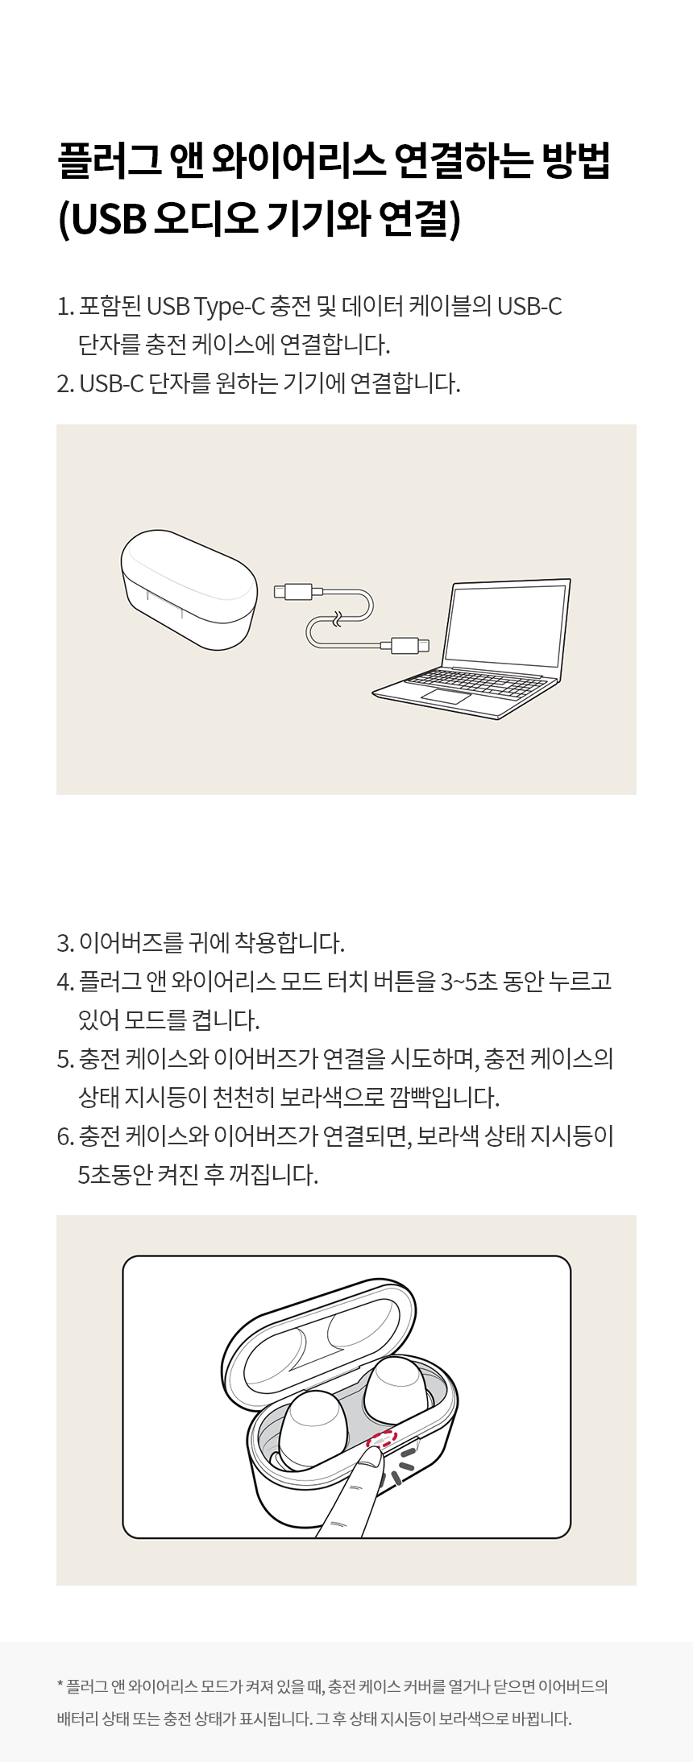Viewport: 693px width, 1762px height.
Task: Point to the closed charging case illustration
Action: coord(189,589)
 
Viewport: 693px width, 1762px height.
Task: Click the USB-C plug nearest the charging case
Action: coord(298,592)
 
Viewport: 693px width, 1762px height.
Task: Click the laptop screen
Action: coord(506,625)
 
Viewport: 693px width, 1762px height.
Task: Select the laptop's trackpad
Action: coord(446,696)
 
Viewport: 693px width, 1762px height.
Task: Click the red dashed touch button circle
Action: coord(382,1438)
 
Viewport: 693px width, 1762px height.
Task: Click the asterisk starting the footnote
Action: coord(60,1683)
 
